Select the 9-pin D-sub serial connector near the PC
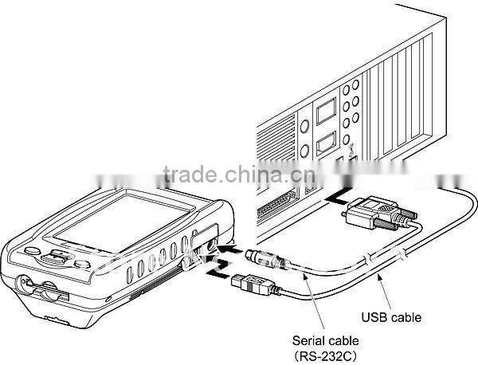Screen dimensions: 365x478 click(375, 212)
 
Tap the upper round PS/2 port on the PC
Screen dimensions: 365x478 click(304, 125)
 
